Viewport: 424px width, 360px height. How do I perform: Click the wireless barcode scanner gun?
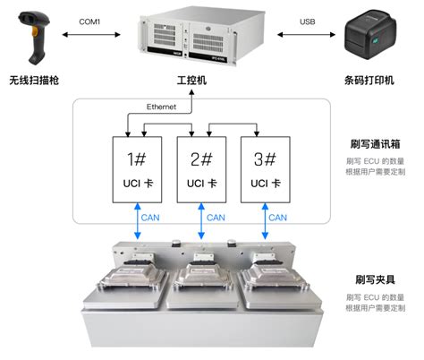(34, 38)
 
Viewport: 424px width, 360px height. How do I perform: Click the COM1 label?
(89, 21)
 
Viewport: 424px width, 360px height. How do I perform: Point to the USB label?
(308, 21)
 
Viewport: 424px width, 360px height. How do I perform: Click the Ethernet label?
(161, 107)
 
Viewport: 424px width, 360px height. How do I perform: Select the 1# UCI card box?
(137, 169)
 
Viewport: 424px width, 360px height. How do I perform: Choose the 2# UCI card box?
(201, 169)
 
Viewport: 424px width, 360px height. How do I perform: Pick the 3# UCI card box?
(266, 169)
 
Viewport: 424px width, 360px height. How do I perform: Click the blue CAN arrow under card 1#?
(138, 221)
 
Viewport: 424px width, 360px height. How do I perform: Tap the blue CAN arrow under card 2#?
(201, 221)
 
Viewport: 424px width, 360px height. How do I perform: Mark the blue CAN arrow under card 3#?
(265, 221)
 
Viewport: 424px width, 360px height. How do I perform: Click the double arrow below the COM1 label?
(91, 35)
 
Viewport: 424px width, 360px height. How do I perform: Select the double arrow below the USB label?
(306, 35)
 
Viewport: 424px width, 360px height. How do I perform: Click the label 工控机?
(191, 81)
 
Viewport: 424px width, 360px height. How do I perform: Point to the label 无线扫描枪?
(34, 81)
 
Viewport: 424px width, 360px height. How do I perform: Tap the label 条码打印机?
(369, 81)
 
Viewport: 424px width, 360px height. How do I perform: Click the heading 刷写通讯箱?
(375, 144)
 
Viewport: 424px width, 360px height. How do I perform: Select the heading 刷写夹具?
(375, 279)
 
